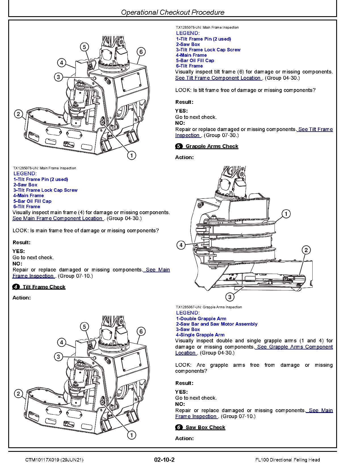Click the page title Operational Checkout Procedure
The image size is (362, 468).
pos(173,12)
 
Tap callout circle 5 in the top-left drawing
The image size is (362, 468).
pos(84,47)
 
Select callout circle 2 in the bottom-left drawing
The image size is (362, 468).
pos(18,394)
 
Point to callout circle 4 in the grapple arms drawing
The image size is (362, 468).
pos(181,245)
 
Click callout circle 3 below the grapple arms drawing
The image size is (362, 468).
pos(230,297)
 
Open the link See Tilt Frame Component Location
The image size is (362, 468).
pos(218,78)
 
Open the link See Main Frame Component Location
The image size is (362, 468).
pos(58,218)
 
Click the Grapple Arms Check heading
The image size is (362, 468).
pos(212,146)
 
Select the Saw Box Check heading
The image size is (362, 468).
pos(205,427)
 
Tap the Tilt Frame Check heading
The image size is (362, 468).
pos(44,287)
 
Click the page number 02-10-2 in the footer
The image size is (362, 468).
pos(164,460)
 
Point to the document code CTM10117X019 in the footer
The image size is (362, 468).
pos(41,460)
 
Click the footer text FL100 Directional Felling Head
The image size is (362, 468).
pos(287,460)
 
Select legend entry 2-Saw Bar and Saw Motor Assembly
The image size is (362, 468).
pos(217,324)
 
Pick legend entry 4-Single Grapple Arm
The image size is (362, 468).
pos(200,335)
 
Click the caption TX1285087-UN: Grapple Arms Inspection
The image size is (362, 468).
pos(209,307)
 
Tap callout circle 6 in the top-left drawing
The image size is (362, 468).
pos(141,52)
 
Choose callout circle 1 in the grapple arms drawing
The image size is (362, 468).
pos(286,214)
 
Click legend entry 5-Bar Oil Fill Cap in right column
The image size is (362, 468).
pos(195,60)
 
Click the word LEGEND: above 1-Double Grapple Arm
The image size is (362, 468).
pos(188,313)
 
